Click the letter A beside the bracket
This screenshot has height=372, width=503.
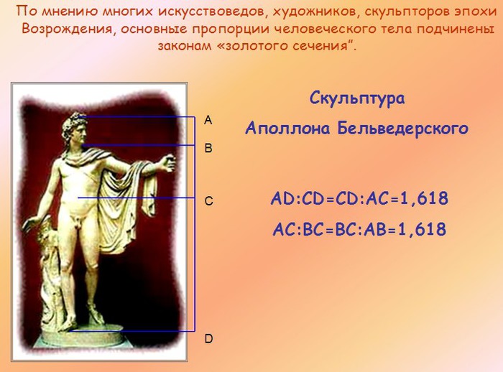pos(208,120)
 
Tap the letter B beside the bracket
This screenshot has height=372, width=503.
pos(208,148)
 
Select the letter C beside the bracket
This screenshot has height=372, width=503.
pos(208,201)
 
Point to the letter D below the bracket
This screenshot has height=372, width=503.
pos(208,339)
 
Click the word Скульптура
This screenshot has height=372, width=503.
pos(357,98)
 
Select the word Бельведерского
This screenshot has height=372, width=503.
pos(403,129)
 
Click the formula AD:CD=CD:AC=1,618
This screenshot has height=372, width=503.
pos(359,198)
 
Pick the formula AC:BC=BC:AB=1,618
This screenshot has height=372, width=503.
pos(359,229)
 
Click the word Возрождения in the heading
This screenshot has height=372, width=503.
pos(67,29)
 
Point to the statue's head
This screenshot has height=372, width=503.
pos(76,129)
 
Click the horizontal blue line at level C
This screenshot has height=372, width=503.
pos(137,198)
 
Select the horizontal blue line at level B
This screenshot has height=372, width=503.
pos(139,145)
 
